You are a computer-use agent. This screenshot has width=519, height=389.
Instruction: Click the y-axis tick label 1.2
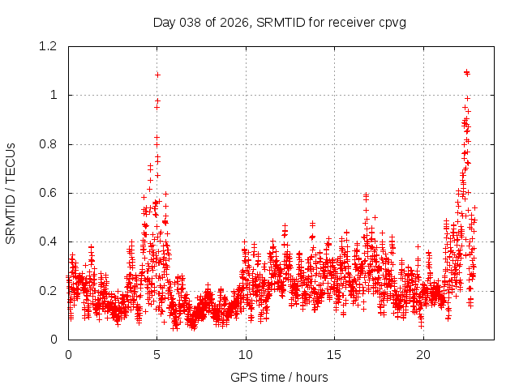click(49, 46)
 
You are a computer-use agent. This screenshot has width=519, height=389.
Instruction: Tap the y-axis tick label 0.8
click(49, 144)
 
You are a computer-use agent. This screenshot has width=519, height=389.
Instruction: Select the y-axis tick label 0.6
click(49, 193)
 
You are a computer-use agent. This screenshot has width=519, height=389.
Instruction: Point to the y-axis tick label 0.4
click(49, 242)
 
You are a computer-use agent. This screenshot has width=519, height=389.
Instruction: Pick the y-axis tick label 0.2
click(49, 290)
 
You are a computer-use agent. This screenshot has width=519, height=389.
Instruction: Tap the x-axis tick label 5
click(157, 355)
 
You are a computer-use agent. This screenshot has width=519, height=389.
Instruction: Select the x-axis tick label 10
click(246, 355)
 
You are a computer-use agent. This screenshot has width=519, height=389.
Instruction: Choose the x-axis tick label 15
click(334, 355)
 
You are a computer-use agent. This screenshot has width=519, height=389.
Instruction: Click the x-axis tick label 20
click(423, 355)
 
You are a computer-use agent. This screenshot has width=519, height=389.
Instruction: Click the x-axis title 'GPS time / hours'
click(279, 377)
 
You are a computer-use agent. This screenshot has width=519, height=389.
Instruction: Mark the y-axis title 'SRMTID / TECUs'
click(11, 193)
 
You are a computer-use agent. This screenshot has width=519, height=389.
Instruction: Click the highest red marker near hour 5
click(157, 75)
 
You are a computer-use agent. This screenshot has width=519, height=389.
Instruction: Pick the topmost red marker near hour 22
click(466, 72)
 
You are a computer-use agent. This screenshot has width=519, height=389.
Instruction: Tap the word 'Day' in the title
click(163, 22)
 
